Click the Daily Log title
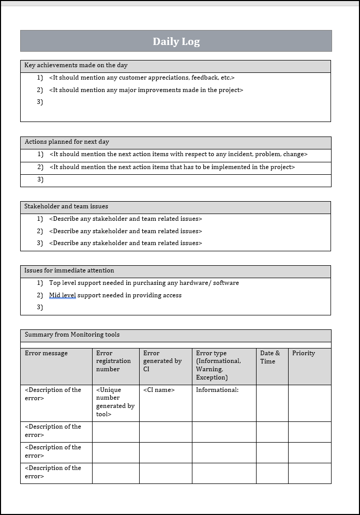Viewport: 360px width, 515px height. coord(176,42)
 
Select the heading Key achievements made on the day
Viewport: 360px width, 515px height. coord(76,66)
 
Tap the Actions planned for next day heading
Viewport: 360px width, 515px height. coord(67,142)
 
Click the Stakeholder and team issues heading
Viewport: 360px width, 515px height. coord(66,206)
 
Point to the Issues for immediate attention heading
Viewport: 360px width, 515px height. coord(69,270)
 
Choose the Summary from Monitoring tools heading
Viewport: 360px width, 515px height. coord(72,335)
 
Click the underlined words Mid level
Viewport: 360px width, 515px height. coord(62,295)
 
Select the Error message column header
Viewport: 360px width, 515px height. coord(46,353)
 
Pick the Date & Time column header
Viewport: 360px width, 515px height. coord(269,357)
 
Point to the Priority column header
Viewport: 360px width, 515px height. coord(303,353)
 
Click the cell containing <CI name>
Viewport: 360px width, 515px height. coord(159,390)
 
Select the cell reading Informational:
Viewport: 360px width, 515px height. coord(217,390)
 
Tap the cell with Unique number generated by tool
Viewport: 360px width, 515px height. coord(115,402)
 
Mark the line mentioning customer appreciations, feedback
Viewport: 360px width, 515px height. coord(142,78)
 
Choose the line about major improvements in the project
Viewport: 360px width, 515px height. coord(146,90)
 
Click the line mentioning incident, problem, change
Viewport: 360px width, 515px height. coord(178,154)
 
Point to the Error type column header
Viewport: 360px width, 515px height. coord(218,365)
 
